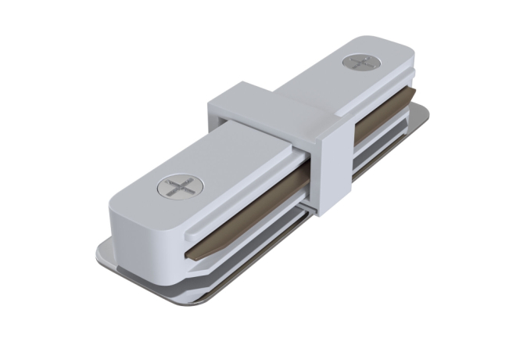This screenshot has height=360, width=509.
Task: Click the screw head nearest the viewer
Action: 179,188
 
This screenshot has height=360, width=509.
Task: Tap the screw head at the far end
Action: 360,63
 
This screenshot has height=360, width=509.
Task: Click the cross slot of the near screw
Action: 179,188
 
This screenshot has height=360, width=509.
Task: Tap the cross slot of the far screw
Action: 360,63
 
